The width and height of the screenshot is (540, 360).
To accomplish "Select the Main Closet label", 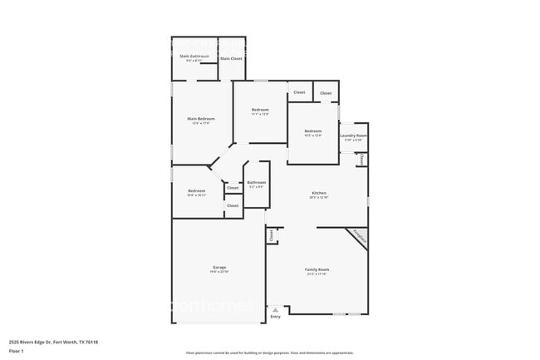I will (x=231, y=58).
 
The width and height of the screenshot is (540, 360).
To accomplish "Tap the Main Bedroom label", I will (x=201, y=119).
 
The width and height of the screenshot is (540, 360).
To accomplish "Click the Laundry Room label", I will (x=353, y=135).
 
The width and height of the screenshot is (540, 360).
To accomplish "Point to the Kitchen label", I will (x=319, y=193).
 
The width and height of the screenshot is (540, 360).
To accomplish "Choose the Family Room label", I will (x=317, y=269).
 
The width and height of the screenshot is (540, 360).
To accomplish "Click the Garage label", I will (x=219, y=267).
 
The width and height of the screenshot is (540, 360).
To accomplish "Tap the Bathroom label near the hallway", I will (x=256, y=182).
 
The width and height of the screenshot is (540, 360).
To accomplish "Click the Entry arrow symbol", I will (x=276, y=310).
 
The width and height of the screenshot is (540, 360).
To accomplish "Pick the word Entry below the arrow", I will (x=276, y=316).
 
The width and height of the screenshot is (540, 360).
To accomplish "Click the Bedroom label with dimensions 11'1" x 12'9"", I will (x=260, y=110).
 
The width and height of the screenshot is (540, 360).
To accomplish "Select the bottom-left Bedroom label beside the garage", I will (x=197, y=190).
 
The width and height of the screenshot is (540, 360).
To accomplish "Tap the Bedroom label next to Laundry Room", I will (x=312, y=131).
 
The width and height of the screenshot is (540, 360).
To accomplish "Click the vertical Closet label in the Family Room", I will (x=272, y=235).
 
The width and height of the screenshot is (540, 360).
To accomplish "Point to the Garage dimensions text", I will (x=219, y=272).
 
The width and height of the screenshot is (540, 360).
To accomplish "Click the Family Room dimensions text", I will (x=317, y=274).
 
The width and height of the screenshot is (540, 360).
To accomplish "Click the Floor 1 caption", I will (x=17, y=352).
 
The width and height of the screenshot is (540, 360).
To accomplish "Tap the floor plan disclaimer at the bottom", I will (x=269, y=353).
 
